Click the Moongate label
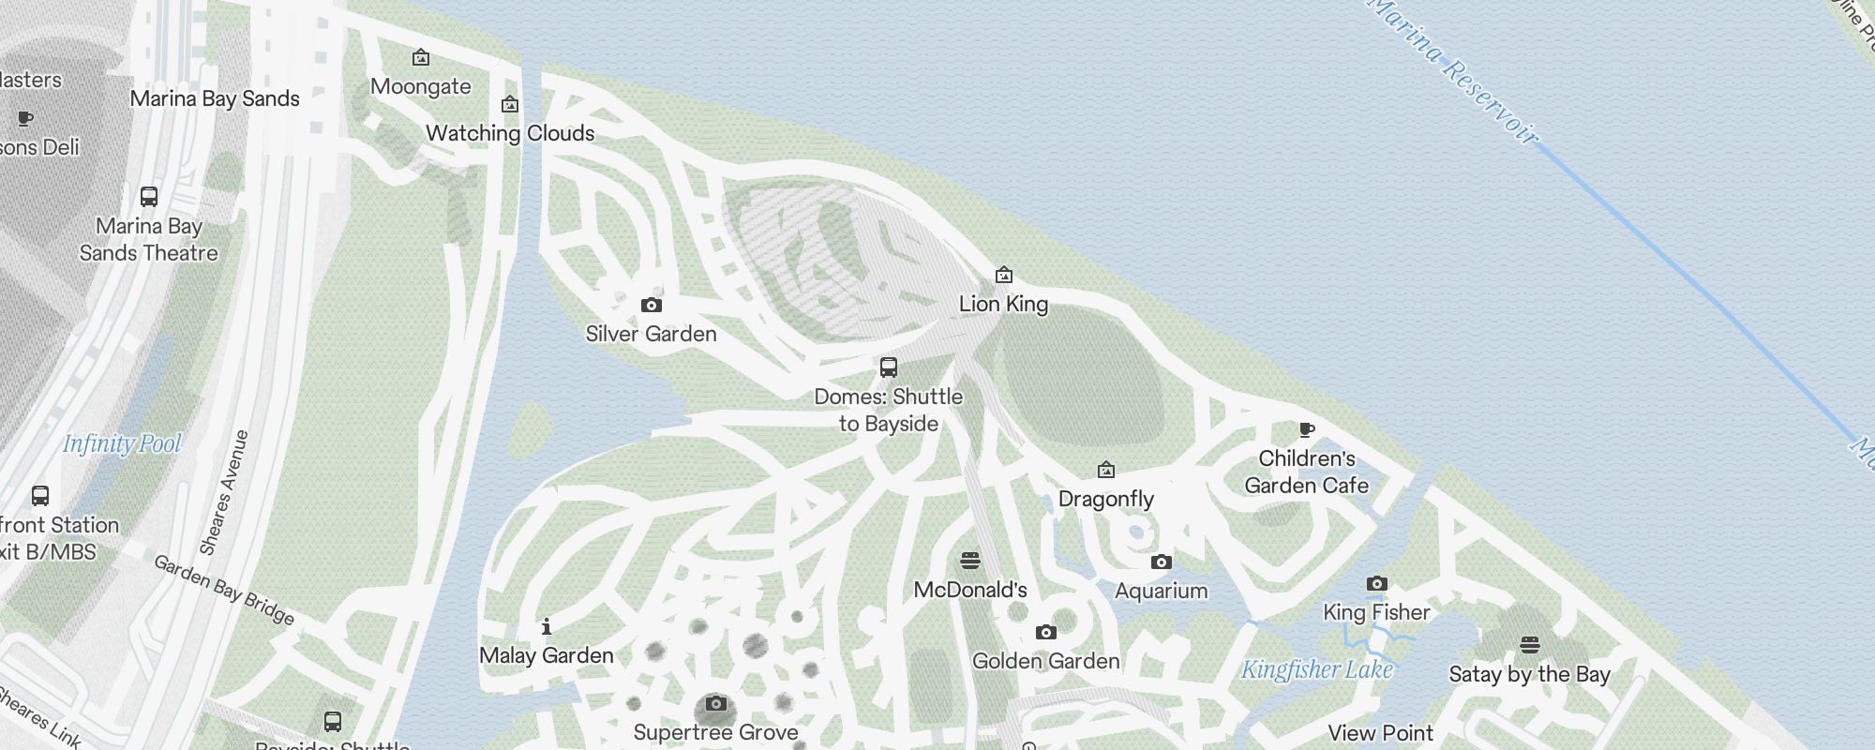click(421, 86)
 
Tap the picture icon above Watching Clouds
click(510, 104)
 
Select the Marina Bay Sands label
click(215, 98)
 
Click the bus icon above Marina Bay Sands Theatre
click(149, 197)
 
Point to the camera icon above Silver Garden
click(651, 305)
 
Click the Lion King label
click(1003, 304)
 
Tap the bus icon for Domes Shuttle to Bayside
click(889, 367)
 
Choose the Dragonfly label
click(1105, 499)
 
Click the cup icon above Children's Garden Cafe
click(1306, 430)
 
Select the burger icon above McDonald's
click(970, 561)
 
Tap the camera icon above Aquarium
click(1161, 562)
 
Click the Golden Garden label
click(1045, 661)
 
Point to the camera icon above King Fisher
click(1376, 583)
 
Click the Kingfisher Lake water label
click(1316, 669)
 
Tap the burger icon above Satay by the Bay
click(1529, 645)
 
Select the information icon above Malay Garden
click(547, 626)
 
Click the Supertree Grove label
click(715, 732)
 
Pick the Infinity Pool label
click(122, 443)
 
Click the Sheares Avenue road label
click(224, 492)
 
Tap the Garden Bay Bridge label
click(224, 590)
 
